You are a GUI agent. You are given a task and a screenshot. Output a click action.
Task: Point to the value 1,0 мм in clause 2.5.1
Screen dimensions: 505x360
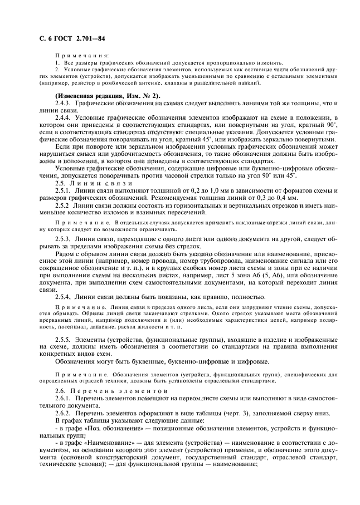(183, 190)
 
